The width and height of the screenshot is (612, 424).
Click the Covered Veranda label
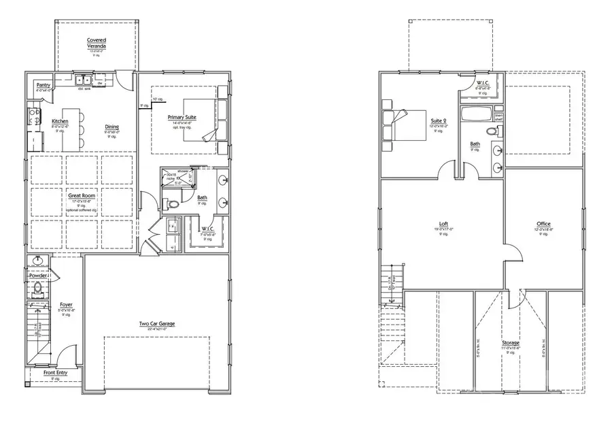(96, 43)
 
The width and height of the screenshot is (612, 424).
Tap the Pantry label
(44, 85)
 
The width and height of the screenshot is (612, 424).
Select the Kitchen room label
(60, 120)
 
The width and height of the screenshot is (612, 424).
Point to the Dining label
(112, 127)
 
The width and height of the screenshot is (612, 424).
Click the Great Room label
(81, 196)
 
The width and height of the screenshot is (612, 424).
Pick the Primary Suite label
(182, 117)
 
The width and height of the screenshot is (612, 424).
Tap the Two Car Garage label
(156, 323)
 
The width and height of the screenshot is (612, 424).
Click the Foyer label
(66, 305)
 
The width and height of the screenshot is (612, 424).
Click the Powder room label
(38, 275)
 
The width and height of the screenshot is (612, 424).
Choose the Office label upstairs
(543, 224)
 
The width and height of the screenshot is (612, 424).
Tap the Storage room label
(511, 342)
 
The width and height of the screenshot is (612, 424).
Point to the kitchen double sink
(85, 80)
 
